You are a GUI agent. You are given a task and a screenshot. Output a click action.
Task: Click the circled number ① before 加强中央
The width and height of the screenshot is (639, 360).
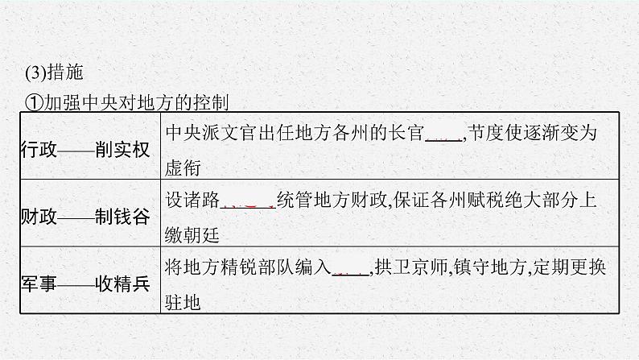[x=33, y=103]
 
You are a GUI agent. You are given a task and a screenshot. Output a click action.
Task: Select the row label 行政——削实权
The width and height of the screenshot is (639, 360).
[x=84, y=149]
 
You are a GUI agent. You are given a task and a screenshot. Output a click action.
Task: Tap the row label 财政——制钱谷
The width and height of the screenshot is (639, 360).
[x=84, y=217]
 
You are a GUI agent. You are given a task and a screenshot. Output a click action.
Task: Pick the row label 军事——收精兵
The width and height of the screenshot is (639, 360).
[x=84, y=284]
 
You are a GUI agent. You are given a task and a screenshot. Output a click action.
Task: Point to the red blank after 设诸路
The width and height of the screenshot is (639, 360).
[x=246, y=202]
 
